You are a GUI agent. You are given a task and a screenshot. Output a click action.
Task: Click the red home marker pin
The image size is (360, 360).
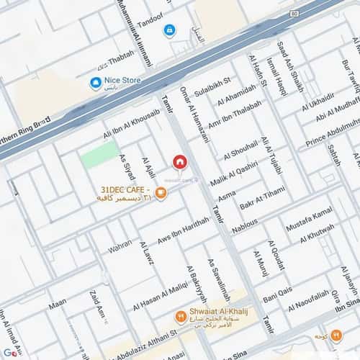179,161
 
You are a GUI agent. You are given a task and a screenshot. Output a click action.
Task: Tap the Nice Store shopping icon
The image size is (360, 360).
95,83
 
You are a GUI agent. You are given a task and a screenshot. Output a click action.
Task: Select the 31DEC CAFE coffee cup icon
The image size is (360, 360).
161,192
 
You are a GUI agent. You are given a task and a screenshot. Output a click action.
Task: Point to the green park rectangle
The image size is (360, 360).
99,154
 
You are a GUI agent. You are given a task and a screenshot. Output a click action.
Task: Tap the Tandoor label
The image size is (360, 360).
150,22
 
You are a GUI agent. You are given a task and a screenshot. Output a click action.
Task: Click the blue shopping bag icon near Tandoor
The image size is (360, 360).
169,30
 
